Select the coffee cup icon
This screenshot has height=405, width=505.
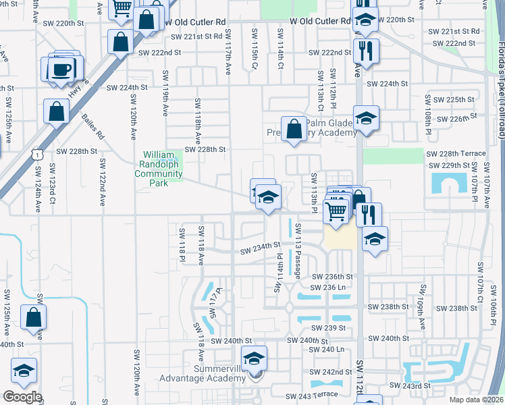[x=63, y=70]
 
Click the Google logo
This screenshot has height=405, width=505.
[x=22, y=397]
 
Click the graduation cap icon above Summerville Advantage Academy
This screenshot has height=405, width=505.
[x=254, y=358]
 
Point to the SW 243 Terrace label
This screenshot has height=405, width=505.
[x=312, y=395]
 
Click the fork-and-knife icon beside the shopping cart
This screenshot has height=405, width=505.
[x=369, y=215]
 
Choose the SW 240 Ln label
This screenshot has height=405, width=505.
[x=327, y=349]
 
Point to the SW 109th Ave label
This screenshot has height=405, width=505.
[x=422, y=313]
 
